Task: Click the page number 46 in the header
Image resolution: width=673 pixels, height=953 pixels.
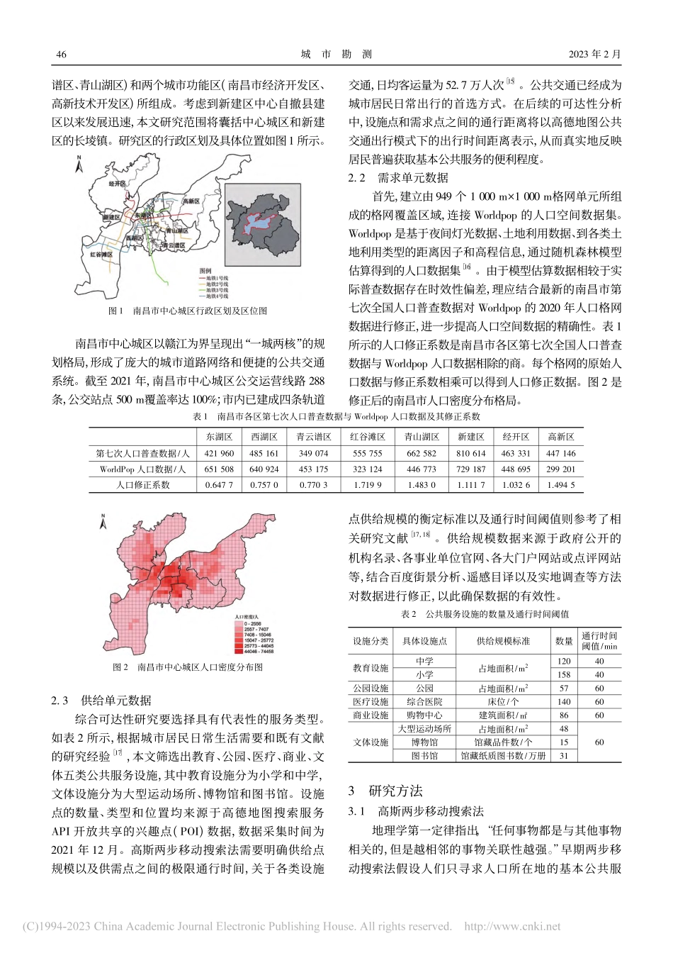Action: pyautogui.click(x=61, y=55)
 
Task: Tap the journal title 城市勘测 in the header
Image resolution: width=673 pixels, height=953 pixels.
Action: pyautogui.click(x=336, y=55)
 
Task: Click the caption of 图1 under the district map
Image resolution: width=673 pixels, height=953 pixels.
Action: pyautogui.click(x=187, y=311)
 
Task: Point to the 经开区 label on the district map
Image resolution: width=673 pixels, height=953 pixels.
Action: pyautogui.click(x=117, y=183)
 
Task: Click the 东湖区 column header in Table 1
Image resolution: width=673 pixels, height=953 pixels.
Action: pyautogui.click(x=219, y=437)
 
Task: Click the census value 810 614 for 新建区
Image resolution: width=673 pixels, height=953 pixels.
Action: pyautogui.click(x=471, y=453)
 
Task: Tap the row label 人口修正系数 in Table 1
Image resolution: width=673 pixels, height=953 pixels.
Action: pyautogui.click(x=143, y=485)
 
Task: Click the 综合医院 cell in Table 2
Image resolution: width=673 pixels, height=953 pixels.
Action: pyautogui.click(x=425, y=701)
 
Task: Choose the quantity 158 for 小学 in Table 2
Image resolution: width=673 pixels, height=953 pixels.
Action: pyautogui.click(x=564, y=674)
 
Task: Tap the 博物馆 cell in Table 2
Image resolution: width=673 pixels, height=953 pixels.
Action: pyautogui.click(x=425, y=742)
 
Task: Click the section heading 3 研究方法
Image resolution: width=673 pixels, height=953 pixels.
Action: pyautogui.click(x=385, y=791)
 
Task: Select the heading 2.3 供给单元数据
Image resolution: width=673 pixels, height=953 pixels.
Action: pyautogui.click(x=101, y=701)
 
